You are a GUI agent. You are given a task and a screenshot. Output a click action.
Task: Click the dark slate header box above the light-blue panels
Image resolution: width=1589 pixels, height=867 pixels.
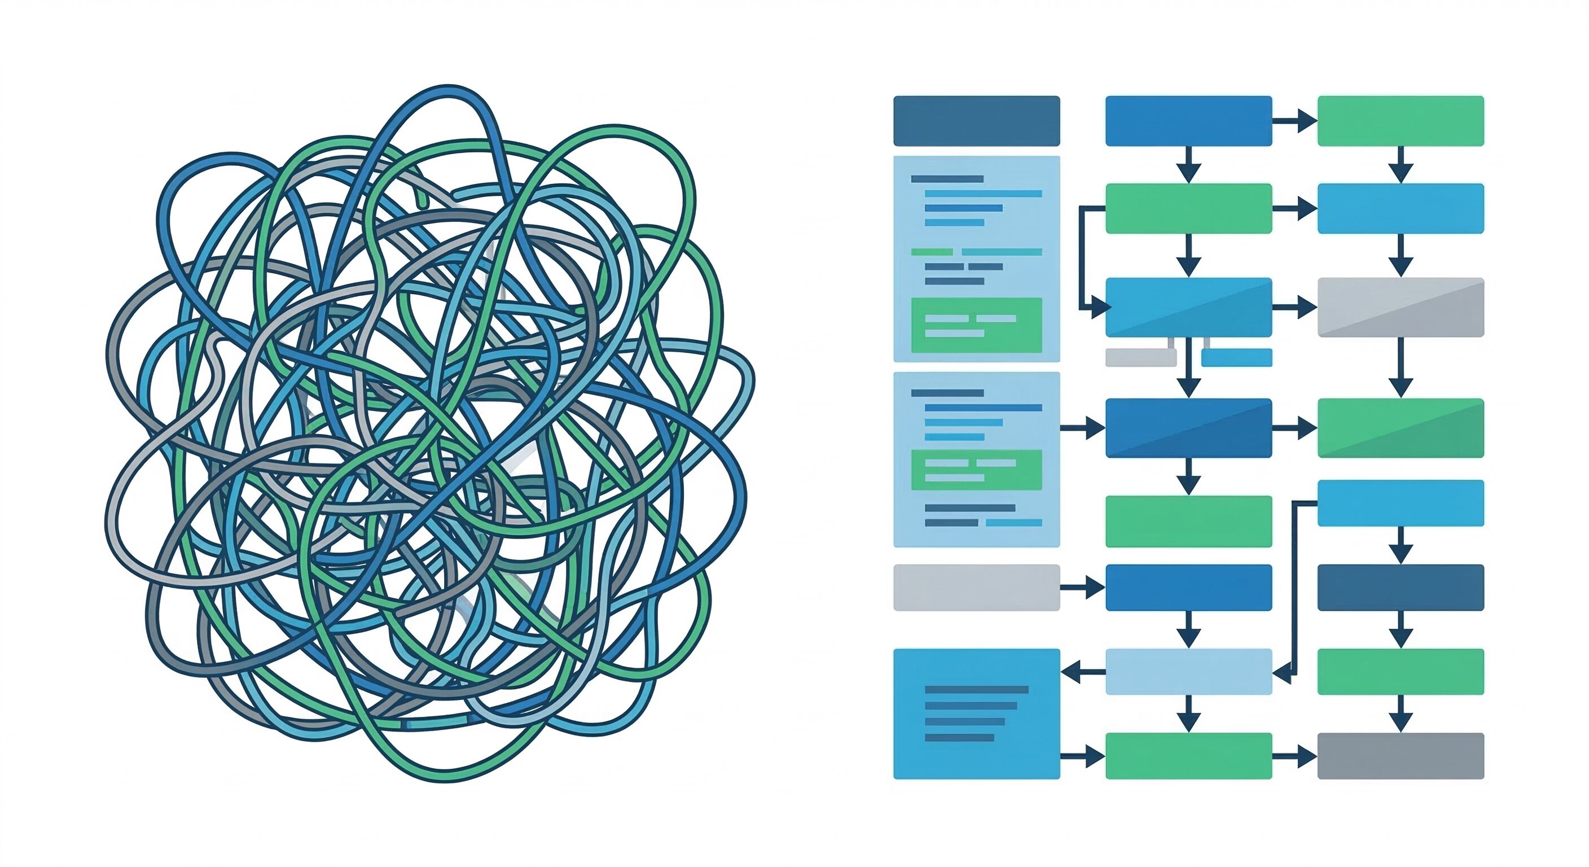[976, 121]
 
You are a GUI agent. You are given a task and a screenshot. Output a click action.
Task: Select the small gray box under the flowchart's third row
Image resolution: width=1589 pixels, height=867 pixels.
[1140, 357]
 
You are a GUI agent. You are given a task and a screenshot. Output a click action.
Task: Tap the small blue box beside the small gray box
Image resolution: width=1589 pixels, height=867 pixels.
[1236, 357]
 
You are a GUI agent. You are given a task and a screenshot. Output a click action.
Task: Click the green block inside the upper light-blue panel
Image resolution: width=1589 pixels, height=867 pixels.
[976, 325]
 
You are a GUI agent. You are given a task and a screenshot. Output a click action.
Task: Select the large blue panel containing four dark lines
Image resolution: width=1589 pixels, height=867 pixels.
[976, 713]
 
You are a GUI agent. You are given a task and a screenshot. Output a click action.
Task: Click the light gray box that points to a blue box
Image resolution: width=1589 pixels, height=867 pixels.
[976, 588]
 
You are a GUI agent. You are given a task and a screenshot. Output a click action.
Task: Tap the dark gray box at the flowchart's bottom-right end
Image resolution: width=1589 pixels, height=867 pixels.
[1400, 756]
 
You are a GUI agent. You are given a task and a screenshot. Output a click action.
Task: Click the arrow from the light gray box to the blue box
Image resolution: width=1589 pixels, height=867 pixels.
[1083, 588]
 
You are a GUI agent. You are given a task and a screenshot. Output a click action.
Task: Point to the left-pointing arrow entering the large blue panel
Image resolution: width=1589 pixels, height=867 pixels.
[1083, 671]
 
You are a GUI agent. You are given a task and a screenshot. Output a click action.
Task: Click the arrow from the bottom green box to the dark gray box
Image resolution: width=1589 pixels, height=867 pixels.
[1294, 756]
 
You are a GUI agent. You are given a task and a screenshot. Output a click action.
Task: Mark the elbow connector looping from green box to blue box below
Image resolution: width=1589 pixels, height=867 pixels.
[1083, 259]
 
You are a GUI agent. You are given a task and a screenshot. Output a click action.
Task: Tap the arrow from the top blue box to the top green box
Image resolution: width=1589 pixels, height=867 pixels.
[1294, 121]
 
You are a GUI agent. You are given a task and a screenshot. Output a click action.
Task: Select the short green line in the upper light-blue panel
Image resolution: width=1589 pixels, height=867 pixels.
[932, 252]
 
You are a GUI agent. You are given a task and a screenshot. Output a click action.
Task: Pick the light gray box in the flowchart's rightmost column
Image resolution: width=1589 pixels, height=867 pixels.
[1400, 307]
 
